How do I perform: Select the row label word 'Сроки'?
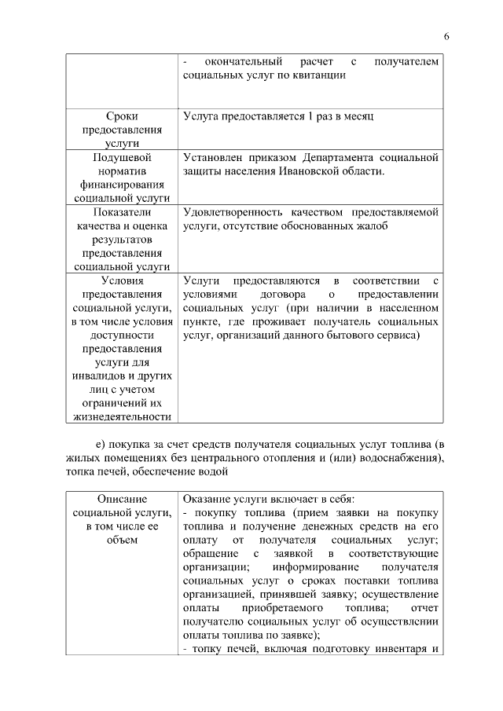(x=122, y=116)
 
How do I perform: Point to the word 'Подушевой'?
(x=122, y=158)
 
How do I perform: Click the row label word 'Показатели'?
(x=122, y=212)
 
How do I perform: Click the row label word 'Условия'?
(x=122, y=280)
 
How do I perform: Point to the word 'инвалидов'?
(x=98, y=375)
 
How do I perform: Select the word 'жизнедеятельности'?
(x=122, y=416)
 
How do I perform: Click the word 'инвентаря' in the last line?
(x=398, y=648)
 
